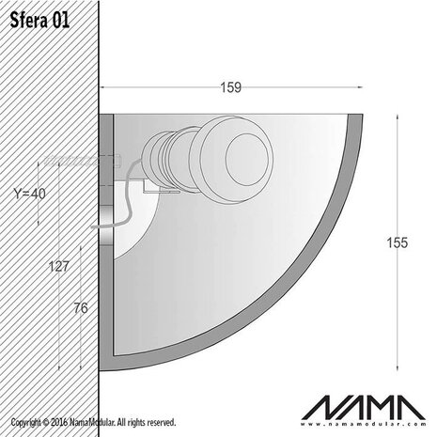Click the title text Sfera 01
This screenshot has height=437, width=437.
[x=39, y=20]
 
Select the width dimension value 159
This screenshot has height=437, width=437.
[x=230, y=87]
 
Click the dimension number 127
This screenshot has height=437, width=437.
[x=58, y=266]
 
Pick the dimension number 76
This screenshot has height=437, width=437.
[x=82, y=307]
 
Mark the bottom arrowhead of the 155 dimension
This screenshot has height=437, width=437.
[x=400, y=367]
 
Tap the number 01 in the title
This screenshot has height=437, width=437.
[x=57, y=20]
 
